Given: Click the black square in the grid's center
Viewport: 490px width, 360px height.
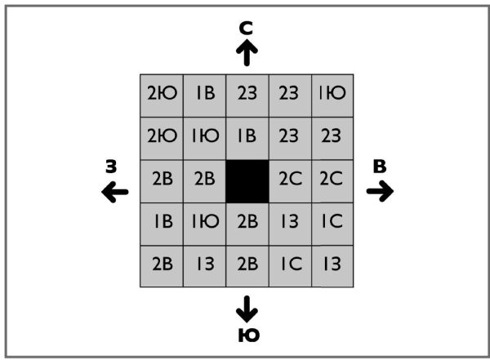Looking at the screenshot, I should point(247,181).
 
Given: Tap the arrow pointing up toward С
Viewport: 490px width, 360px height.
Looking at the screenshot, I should point(247,53).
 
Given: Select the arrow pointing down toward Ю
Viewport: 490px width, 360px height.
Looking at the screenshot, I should point(247,308).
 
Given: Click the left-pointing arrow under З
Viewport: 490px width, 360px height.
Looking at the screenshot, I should point(114,193).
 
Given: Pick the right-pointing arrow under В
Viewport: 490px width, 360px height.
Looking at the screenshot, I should point(380,191).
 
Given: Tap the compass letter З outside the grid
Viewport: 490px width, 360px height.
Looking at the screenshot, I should point(111,167).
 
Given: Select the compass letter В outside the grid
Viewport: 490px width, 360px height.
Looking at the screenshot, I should point(380,167).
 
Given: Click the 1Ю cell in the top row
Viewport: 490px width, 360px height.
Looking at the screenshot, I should point(332,94).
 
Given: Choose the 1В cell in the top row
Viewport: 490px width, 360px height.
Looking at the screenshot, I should point(204,94).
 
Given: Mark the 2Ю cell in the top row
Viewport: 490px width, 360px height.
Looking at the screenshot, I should point(161,94).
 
